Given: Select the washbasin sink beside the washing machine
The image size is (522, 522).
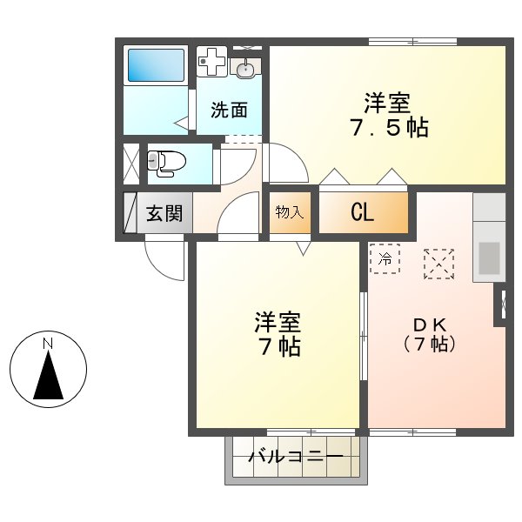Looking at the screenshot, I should coord(246,66).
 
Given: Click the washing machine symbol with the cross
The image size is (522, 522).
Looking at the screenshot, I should coord(211,62).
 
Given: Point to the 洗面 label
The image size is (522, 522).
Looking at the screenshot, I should coord(230,110).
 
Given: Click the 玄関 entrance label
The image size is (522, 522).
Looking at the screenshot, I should coord(164,213).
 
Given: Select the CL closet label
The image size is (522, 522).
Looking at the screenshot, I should coord(363,212).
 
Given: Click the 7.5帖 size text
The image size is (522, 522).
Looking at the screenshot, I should coord(386,128).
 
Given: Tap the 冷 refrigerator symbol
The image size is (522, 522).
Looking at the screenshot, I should coord(385,258).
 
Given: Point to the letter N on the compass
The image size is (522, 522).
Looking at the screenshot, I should coord(48,344).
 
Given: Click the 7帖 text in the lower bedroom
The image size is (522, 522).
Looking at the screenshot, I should coord(278,347).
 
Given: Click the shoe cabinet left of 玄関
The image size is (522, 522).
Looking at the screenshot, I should coord(129,213).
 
